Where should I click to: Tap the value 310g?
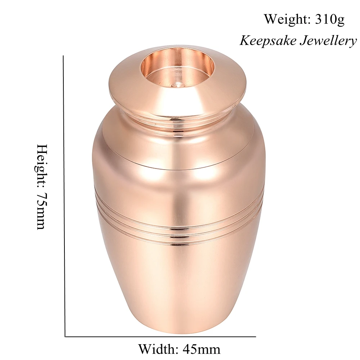pos(330,19)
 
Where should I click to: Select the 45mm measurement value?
pos(201,349)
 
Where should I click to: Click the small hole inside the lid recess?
pos(178,86)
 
